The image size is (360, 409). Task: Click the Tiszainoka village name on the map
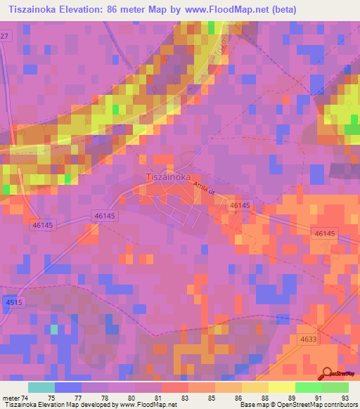[x=168, y=178]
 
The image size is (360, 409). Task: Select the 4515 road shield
[x=13, y=301]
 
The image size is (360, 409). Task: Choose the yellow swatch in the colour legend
[x=281, y=387]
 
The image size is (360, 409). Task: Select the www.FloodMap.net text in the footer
[x=148, y=405]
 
